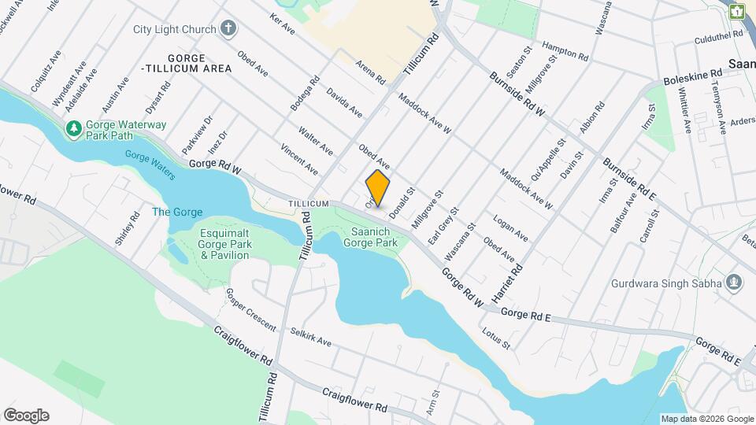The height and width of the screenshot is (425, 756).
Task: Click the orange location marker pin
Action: pos(378,188)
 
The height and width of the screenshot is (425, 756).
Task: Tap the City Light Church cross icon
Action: pos(228,30)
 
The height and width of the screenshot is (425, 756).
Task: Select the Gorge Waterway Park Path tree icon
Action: pos(73,128)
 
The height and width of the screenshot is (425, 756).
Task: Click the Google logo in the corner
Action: pos(26,415)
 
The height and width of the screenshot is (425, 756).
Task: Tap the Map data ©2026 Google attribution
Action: pos(707,419)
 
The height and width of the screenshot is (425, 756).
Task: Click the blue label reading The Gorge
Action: pos(177,213)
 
